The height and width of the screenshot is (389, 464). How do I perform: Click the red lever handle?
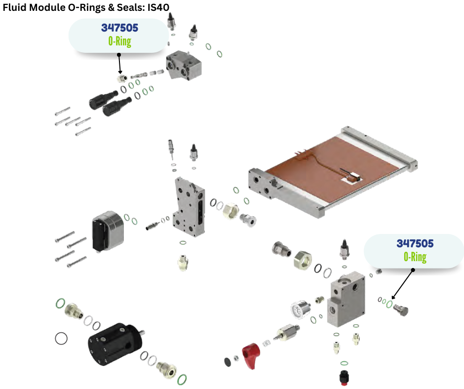coord(251,355)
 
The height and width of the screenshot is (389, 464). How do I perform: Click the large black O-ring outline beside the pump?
coord(61,338)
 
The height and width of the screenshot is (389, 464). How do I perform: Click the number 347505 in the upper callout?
coord(119,28)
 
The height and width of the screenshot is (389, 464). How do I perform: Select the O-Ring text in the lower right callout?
coord(415,257)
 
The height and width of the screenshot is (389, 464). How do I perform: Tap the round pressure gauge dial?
coord(299,310)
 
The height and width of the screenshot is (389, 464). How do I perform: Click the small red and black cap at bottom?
coord(344,377)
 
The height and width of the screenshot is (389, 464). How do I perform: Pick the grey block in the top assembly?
coord(184,65)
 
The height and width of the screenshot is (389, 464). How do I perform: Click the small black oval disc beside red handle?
coord(228,362)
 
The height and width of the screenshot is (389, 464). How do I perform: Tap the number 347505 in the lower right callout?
coord(415,244)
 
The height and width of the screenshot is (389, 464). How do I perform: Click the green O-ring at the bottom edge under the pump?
coord(182,379)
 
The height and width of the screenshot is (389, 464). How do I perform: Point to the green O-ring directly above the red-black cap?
coord(344,363)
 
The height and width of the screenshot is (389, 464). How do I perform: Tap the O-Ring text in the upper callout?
coord(119,41)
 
